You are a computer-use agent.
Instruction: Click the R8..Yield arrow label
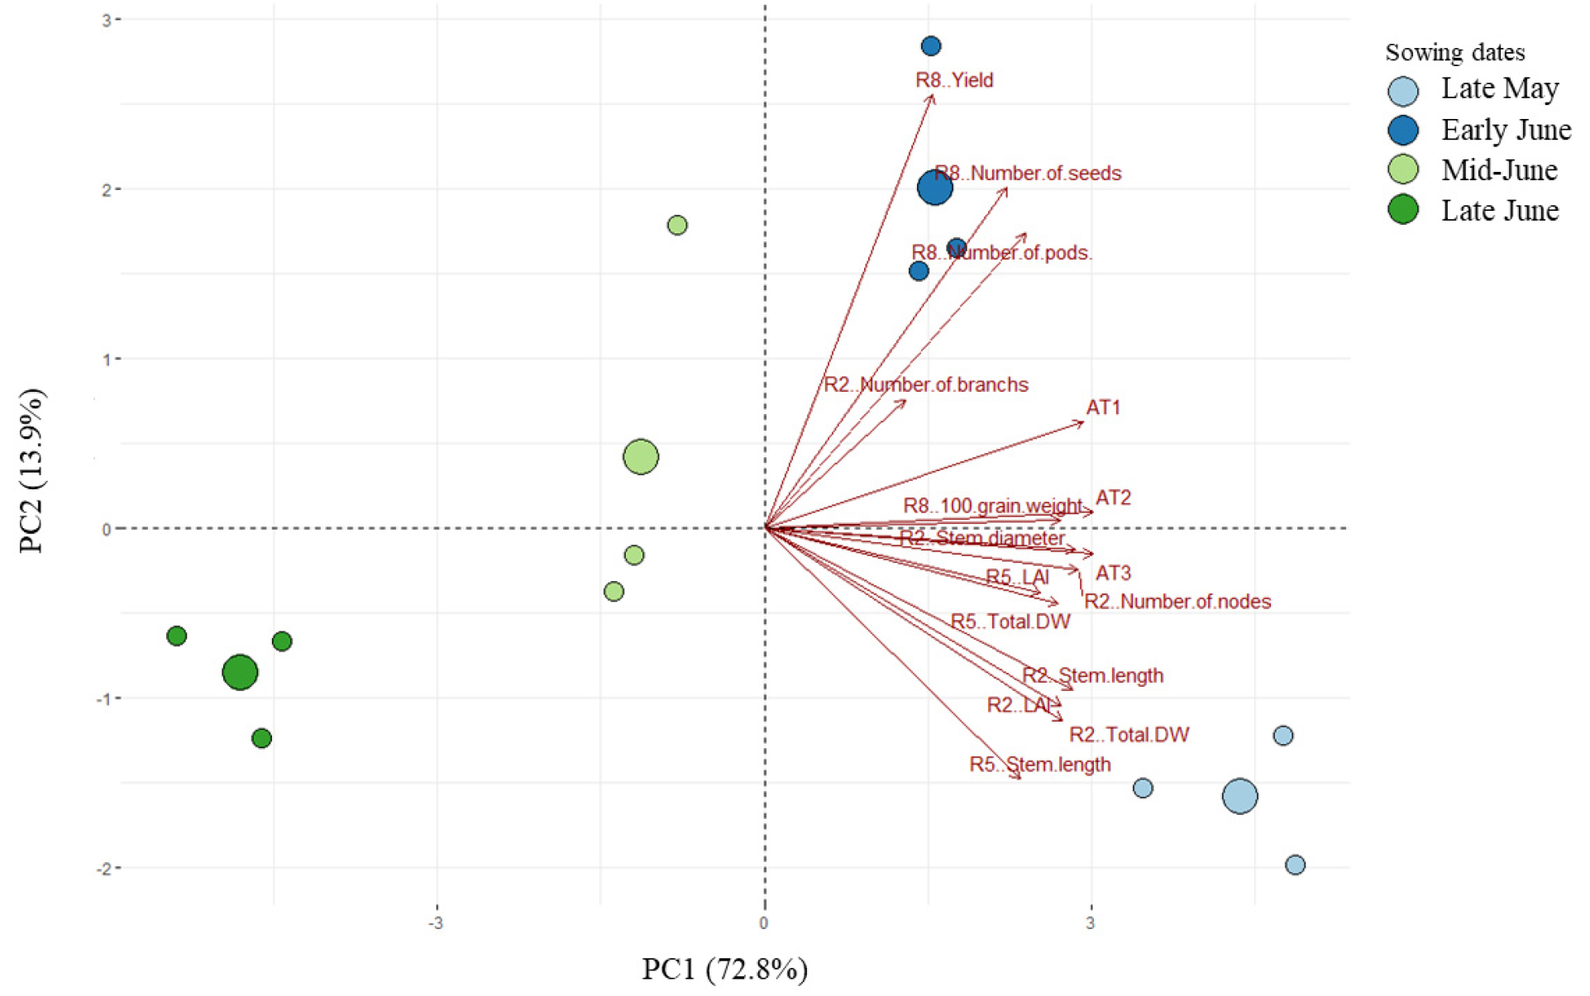tap(954, 80)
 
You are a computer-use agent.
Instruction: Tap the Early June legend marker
tap(1403, 130)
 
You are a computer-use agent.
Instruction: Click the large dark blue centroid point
tap(935, 188)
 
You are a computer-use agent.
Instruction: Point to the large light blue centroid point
tap(1239, 796)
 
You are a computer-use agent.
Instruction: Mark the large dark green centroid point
tap(240, 672)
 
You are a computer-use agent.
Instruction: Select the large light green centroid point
tap(641, 456)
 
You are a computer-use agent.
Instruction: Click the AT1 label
tap(1104, 407)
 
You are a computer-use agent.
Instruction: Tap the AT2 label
tap(1113, 498)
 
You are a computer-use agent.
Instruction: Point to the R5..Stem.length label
tap(1040, 765)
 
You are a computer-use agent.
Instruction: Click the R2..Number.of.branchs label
tap(926, 384)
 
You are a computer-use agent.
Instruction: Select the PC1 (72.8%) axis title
tap(725, 969)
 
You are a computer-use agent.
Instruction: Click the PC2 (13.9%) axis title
tap(33, 470)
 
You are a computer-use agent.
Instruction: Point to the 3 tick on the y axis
tap(107, 19)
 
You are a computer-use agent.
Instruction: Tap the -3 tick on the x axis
tap(435, 922)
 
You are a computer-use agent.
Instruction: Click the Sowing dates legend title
tap(1455, 53)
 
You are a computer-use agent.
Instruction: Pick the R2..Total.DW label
tap(1129, 735)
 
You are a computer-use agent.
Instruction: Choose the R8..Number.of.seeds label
tap(1029, 174)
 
